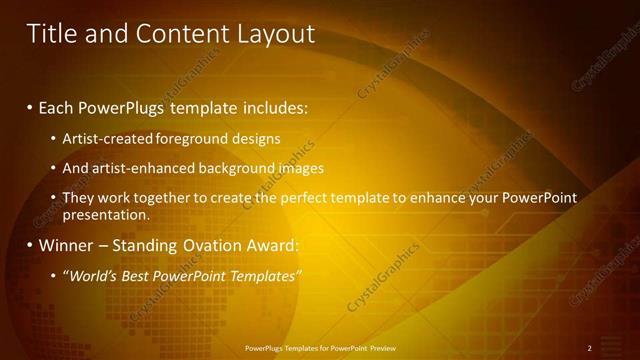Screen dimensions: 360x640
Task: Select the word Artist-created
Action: [104, 139]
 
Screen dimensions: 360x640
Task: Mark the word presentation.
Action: [106, 214]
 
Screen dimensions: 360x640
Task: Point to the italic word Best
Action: [136, 275]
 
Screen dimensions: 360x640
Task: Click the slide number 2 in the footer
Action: [589, 348]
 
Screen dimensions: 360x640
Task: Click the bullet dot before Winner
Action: [30, 245]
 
